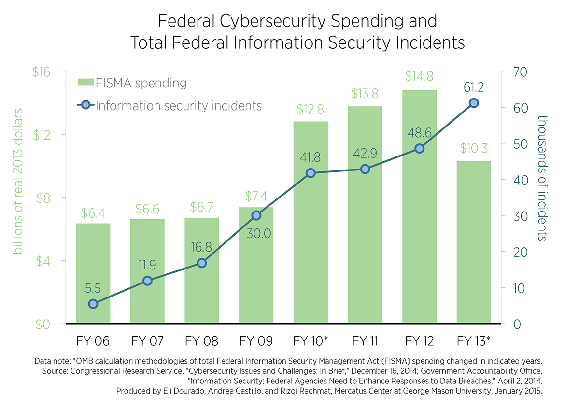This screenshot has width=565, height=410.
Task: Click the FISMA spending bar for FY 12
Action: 419,232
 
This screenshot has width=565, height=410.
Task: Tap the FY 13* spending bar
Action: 474,241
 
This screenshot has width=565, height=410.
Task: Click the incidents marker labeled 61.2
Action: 474,103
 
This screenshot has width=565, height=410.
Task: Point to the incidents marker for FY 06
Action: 93,304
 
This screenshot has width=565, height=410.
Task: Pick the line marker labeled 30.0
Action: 256,215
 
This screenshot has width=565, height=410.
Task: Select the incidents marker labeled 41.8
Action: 311,173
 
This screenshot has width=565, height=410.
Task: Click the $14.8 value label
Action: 419,76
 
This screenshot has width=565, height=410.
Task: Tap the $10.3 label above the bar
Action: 474,147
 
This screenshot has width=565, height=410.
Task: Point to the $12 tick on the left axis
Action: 42,135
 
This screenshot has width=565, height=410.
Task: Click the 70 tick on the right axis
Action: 515,72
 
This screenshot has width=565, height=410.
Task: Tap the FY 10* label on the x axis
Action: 311,341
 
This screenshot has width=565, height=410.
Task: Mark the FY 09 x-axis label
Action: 256,341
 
